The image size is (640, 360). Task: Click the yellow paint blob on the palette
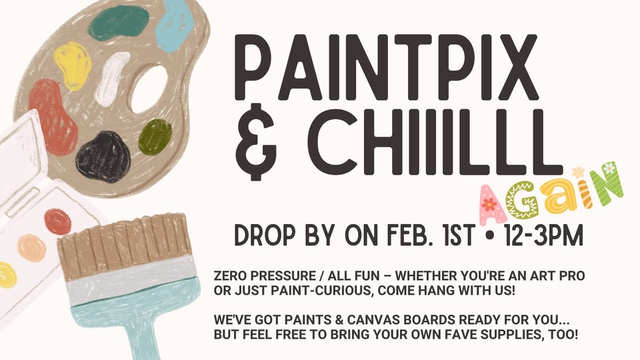pos(73,65)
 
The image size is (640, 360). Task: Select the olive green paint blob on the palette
pos(155,137)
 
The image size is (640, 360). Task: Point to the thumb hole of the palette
pos(149,89)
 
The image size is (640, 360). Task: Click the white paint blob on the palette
pos(111,79)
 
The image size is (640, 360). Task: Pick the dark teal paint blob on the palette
pos(119,23)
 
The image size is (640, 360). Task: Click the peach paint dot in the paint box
pos(31,248)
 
